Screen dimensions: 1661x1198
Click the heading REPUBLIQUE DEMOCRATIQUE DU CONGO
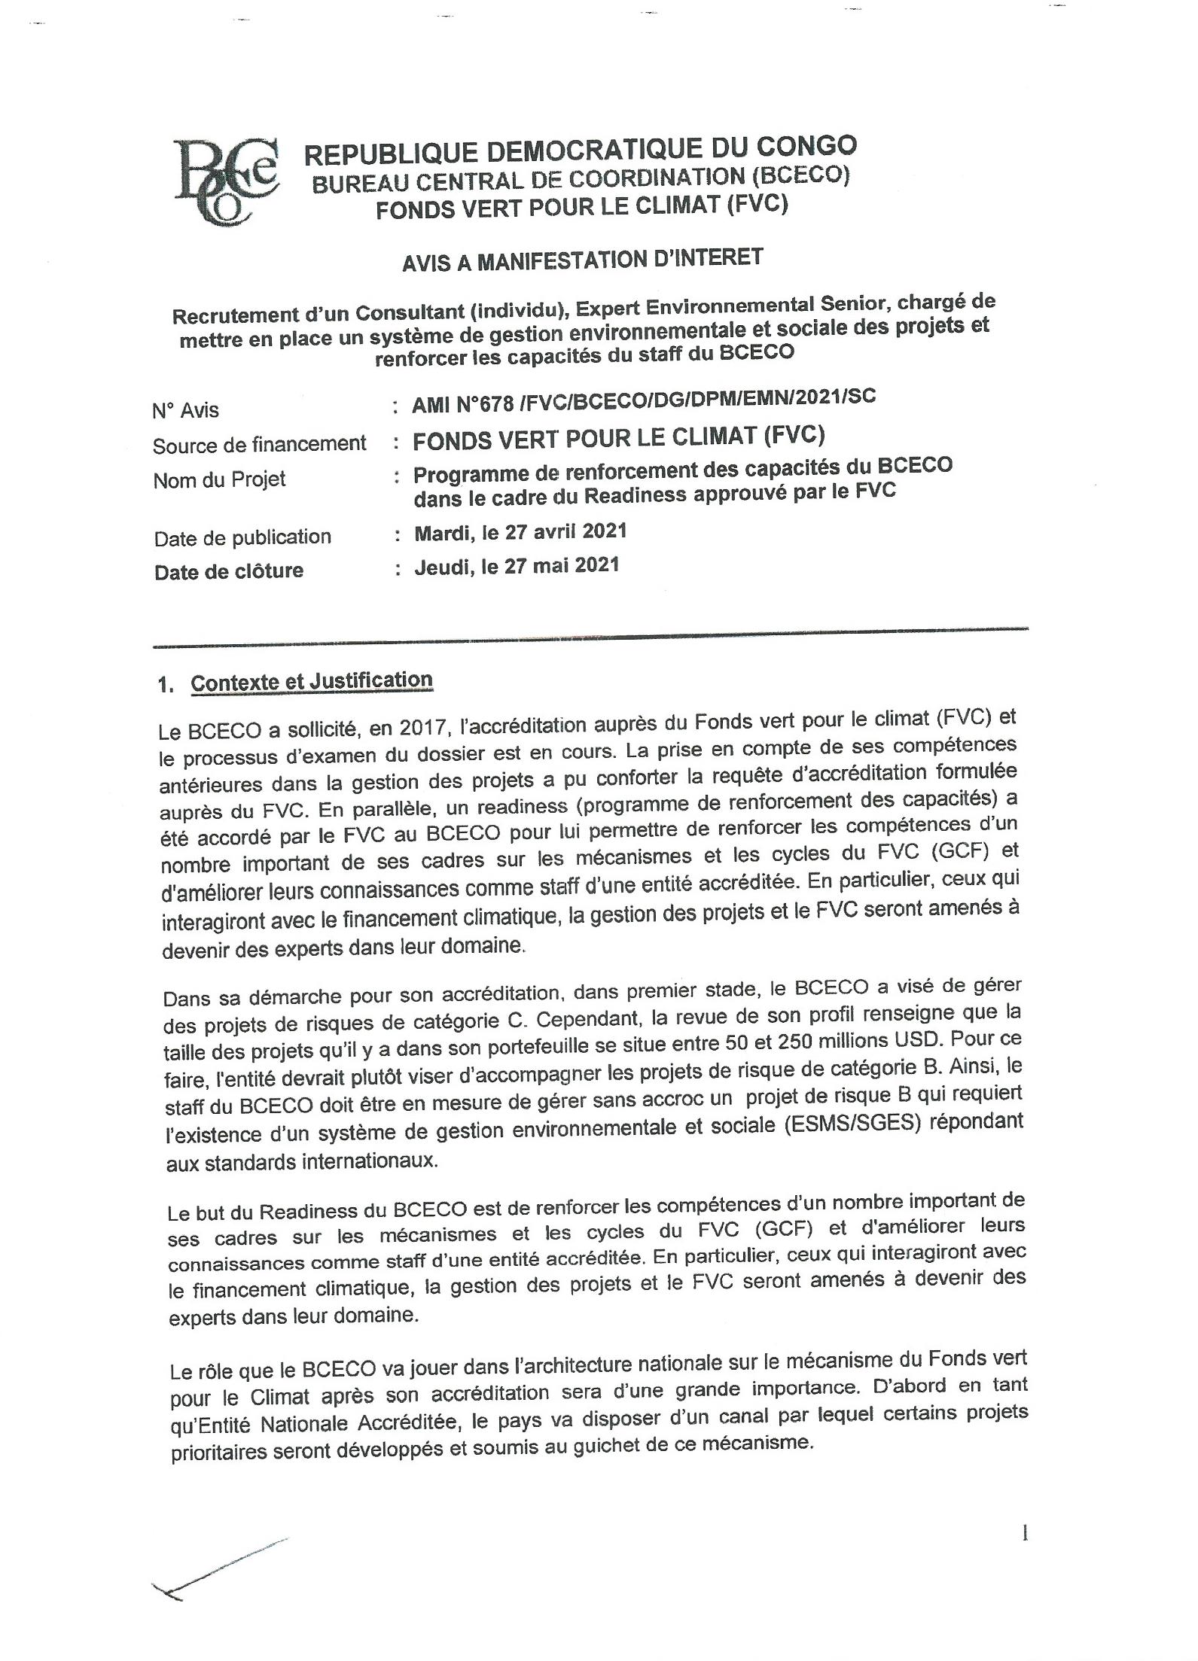coord(580,150)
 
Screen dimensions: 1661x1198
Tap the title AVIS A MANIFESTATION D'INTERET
coord(581,260)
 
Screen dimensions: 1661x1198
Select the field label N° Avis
coord(185,410)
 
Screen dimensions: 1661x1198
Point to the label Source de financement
coord(259,445)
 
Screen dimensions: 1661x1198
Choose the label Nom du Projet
coord(219,480)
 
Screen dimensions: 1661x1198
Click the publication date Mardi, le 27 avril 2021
coord(520,532)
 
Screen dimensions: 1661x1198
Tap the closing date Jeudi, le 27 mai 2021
coord(517,566)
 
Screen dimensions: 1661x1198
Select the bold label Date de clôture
coord(229,571)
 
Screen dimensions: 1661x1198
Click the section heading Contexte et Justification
coord(311,681)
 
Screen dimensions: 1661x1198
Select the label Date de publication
coord(242,537)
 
